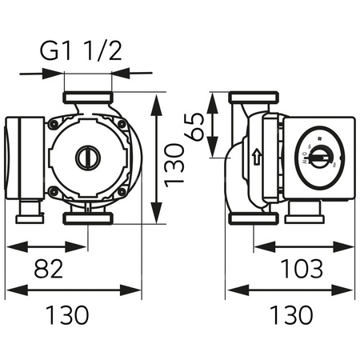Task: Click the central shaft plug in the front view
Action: tap(88, 158)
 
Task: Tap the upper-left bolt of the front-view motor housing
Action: tap(54, 124)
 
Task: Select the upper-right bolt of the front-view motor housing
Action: tap(121, 124)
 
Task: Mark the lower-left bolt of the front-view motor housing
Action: tap(54, 191)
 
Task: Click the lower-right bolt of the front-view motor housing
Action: tap(121, 191)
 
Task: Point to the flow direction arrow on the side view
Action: tap(257, 157)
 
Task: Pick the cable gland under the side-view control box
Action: tap(303, 211)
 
